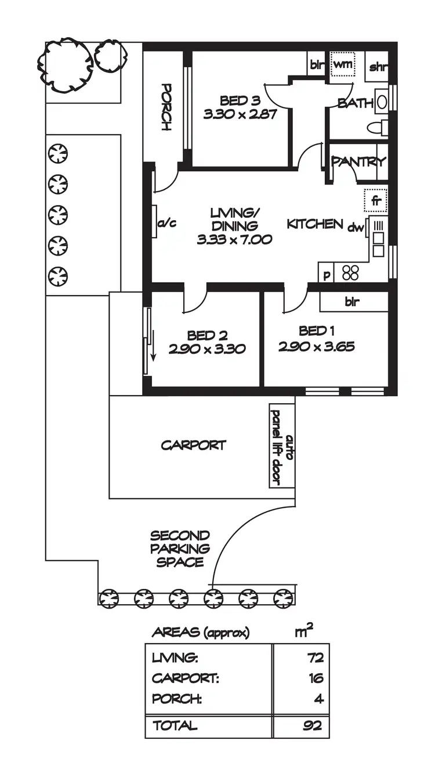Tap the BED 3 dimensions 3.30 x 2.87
coord(238,114)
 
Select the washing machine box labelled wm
coord(342,64)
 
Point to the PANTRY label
coord(358,162)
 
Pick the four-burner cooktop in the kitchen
coord(350,272)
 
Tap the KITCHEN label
coord(314,224)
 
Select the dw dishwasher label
coord(355,228)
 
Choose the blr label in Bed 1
coord(353,302)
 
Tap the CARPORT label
coord(193,446)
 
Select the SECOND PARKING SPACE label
coord(179,548)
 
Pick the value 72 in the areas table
coord(315,658)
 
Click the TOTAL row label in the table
coord(174,725)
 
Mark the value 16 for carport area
coord(316,678)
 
